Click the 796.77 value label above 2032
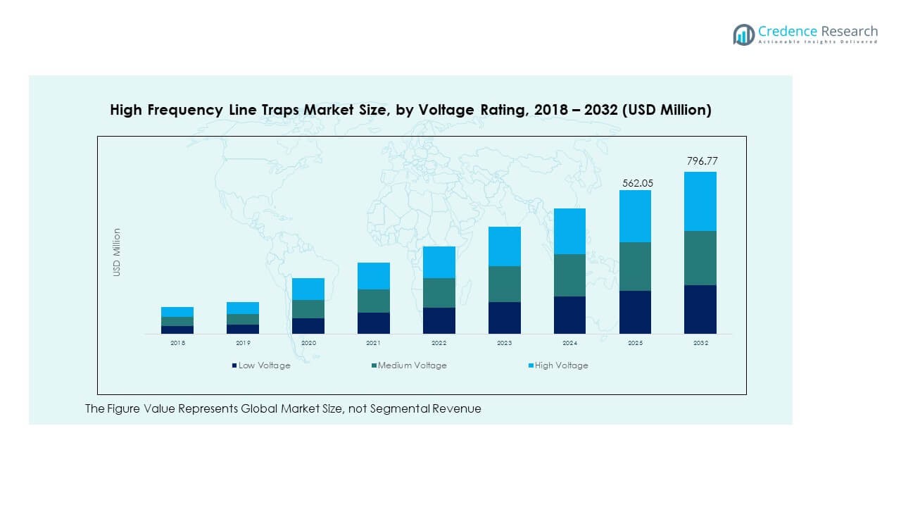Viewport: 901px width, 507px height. [702, 161]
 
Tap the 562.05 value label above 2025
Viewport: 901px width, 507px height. [637, 183]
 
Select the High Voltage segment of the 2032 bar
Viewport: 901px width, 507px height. [700, 201]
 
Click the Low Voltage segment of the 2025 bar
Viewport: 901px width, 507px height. [635, 312]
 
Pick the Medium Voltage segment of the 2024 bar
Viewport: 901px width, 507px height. [569, 275]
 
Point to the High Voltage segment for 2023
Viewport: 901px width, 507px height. [504, 246]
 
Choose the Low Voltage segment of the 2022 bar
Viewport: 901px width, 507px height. [439, 320]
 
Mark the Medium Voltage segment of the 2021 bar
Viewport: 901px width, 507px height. [373, 301]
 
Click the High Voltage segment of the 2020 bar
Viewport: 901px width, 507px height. [308, 289]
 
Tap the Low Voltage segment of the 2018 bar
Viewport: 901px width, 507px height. [177, 330]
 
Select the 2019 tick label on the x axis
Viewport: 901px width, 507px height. [243, 343]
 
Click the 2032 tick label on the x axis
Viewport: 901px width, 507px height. [700, 343]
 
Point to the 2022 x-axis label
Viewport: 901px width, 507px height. [439, 343]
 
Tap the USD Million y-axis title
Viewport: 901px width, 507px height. [118, 252]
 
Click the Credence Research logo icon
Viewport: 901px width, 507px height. [743, 35]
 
